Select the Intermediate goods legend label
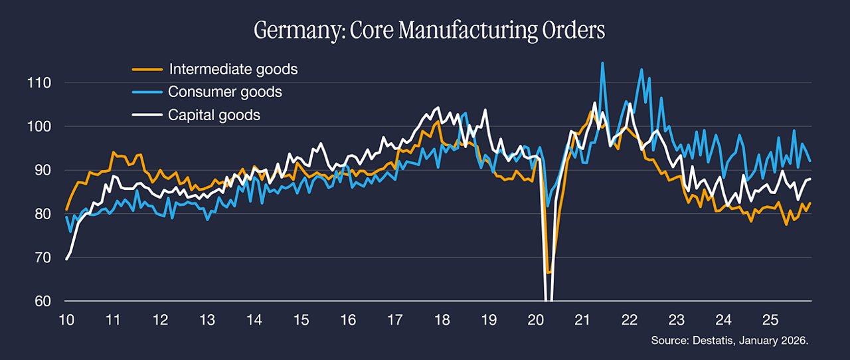(233, 69)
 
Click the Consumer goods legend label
(225, 92)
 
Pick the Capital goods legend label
(214, 115)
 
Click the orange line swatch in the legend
(147, 70)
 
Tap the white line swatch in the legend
(147, 115)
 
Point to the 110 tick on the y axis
(39, 83)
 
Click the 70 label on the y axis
(42, 258)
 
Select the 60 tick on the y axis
(42, 301)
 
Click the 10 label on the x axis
(66, 319)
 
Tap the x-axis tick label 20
(535, 319)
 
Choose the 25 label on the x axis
(770, 319)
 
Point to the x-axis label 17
(394, 319)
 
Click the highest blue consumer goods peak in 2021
(602, 63)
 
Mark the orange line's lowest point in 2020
(548, 273)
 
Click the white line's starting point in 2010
(66, 259)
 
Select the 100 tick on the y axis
(39, 126)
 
